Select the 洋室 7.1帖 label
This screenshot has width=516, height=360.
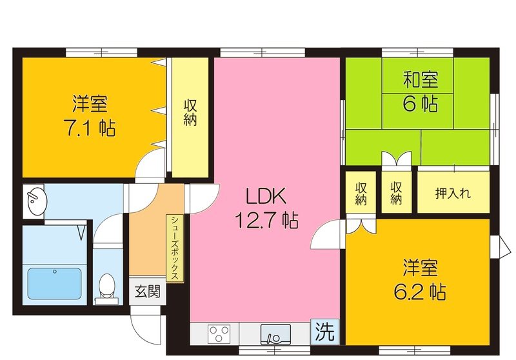click(90, 115)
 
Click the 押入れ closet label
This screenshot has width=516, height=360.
click(453, 192)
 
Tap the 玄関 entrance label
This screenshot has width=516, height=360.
click(146, 291)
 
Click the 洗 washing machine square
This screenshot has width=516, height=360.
click(324, 332)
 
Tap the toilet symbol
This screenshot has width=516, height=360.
click(107, 286)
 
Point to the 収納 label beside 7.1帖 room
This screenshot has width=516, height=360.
click(190, 112)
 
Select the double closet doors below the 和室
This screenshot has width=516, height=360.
click(395, 161)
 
